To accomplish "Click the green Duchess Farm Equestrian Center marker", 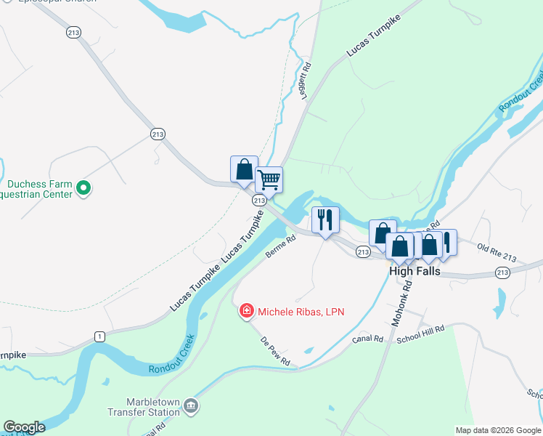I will (83, 188).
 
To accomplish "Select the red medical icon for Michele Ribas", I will (247, 311).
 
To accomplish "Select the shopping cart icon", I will (269, 179).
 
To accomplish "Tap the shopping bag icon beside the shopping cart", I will (244, 169).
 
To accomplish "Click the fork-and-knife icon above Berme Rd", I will (324, 218).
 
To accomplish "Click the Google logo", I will (24, 427).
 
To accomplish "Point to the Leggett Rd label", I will (305, 81).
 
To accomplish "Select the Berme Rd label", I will (281, 246).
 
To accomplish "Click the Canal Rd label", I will (368, 339).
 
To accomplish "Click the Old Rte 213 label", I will (497, 251).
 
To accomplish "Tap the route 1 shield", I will (99, 336).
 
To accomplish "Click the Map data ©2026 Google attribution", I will (497, 429).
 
